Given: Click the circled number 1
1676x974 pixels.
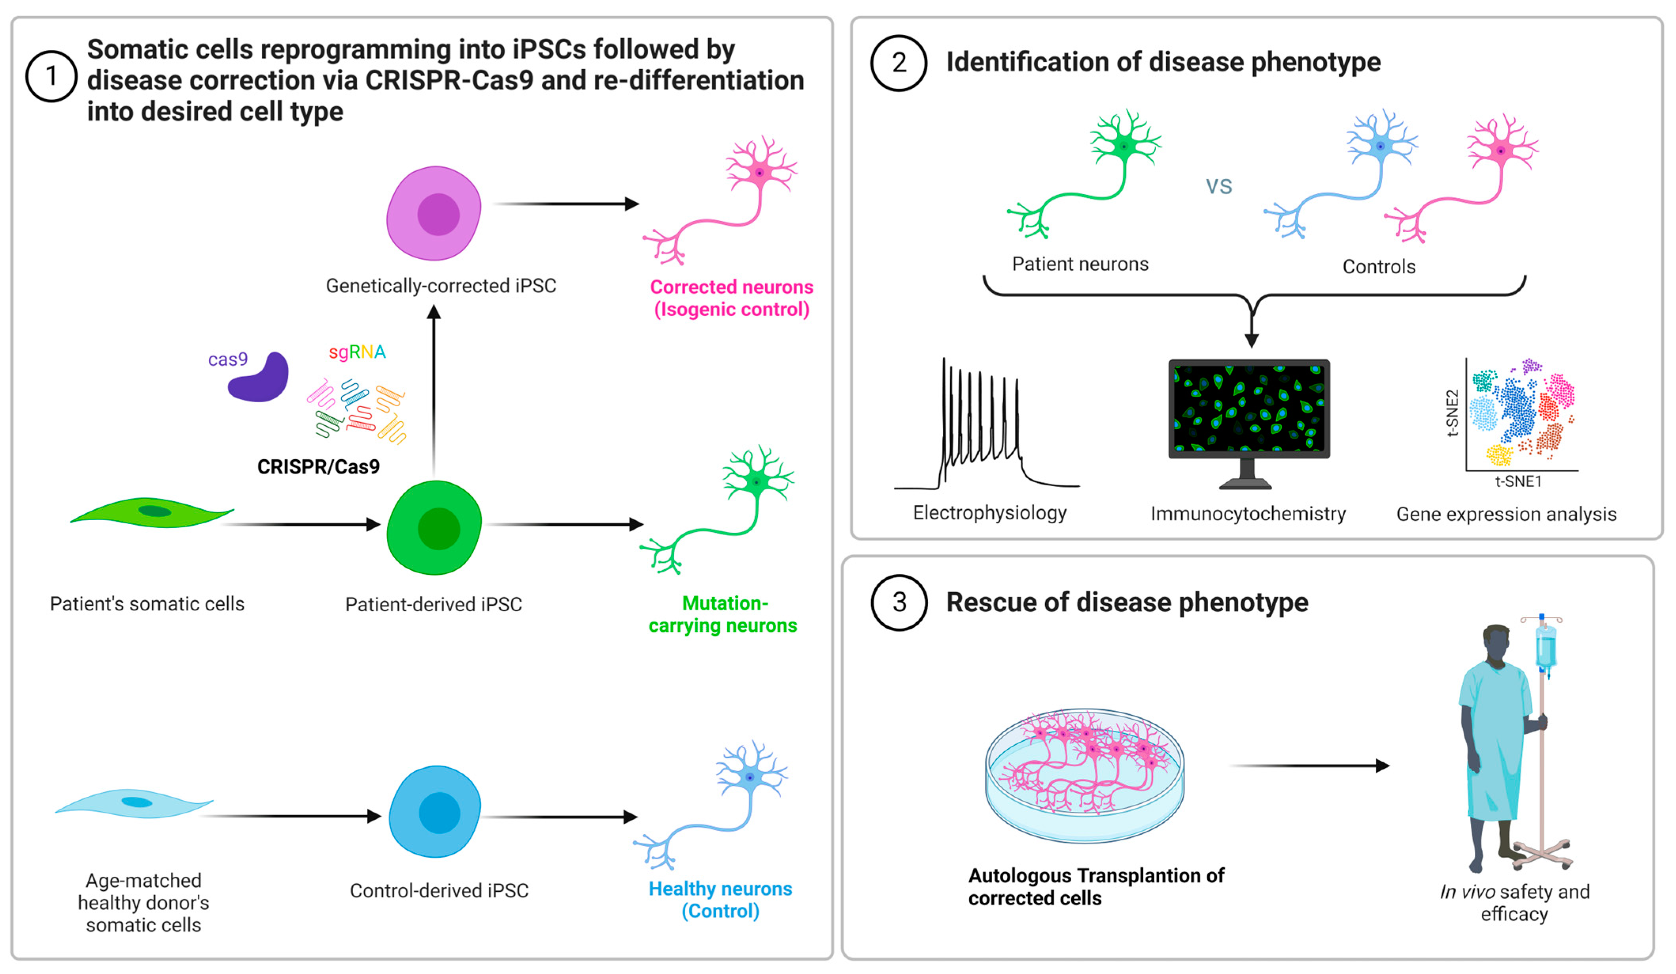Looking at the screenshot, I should (x=51, y=76).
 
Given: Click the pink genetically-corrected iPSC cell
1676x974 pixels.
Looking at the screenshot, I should (x=434, y=213).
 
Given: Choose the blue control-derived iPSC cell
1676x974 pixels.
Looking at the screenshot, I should (x=436, y=812).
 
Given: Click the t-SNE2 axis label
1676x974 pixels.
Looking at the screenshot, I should (x=1453, y=413).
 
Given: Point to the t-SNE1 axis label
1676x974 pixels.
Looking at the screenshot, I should (x=1518, y=481).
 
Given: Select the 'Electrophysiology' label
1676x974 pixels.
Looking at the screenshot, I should (x=989, y=512).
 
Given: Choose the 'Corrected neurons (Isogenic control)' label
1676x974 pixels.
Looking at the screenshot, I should (x=731, y=298).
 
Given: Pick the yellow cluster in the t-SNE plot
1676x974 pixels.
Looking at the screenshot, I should (x=1499, y=455).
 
